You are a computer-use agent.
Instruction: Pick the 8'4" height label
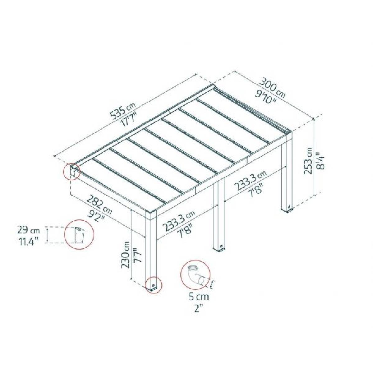click(320, 160)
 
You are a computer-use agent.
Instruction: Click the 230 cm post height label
click(126, 255)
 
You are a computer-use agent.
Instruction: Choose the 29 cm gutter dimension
click(29, 231)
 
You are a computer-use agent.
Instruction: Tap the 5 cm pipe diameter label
click(199, 297)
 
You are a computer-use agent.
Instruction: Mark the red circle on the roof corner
click(72, 171)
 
